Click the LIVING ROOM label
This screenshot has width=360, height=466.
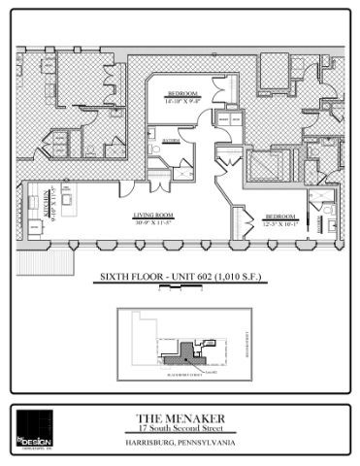[x=153, y=216]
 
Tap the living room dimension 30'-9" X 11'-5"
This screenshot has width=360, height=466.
[x=153, y=222]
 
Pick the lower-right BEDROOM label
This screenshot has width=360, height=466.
[x=281, y=216]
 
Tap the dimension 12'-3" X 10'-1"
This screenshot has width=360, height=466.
[x=281, y=222]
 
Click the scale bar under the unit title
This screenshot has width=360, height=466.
[x=180, y=287]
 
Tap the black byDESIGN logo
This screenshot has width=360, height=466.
[x=35, y=428]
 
